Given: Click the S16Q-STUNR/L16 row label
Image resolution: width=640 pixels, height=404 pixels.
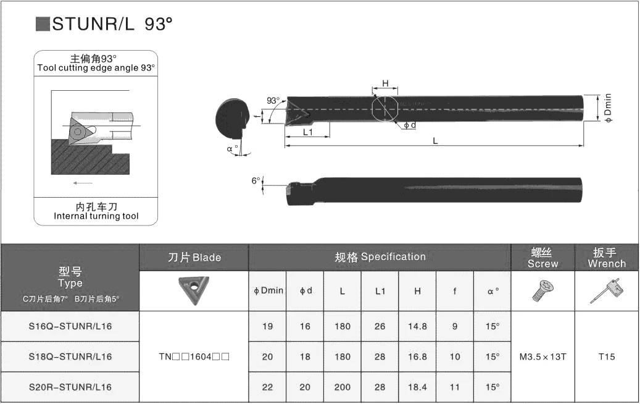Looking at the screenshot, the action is (x=70, y=326).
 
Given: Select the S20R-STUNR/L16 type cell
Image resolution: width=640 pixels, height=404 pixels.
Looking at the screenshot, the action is (x=70, y=387).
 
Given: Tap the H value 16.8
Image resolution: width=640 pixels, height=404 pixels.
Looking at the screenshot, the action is (x=417, y=356).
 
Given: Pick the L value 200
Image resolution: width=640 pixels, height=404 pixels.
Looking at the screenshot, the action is (x=342, y=387).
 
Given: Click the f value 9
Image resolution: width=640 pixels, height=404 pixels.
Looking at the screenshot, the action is (x=455, y=326).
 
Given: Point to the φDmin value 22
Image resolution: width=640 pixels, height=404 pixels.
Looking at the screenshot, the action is (x=267, y=387).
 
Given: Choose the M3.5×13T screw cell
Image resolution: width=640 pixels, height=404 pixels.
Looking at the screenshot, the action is (x=543, y=357).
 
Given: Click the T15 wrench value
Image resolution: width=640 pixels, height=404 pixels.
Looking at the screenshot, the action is (x=607, y=356).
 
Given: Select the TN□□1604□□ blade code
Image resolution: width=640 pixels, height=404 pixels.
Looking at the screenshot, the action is (x=194, y=356).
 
